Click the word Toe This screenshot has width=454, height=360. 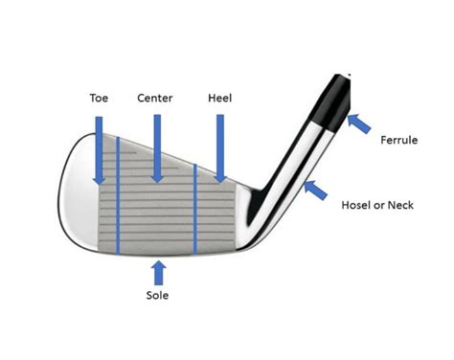pyautogui.click(x=99, y=99)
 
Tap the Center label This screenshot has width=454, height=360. pyautogui.click(x=155, y=99)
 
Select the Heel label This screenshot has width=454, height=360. pyautogui.click(x=218, y=99)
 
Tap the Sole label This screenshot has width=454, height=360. pyautogui.click(x=158, y=296)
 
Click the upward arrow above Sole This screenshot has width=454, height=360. pyautogui.click(x=158, y=271)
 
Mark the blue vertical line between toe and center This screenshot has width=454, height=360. pyautogui.click(x=117, y=196)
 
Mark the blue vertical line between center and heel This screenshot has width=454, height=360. pyautogui.click(x=195, y=206)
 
